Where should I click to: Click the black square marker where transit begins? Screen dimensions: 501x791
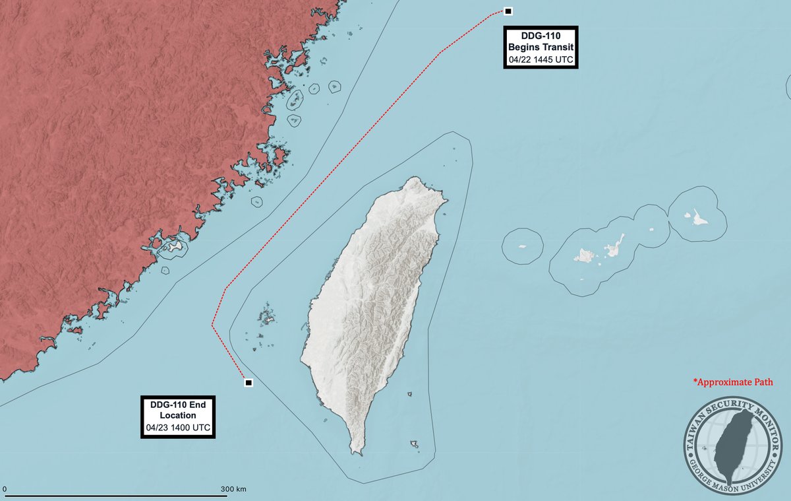click(508, 11)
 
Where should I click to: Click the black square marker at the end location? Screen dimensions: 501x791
click(249, 383)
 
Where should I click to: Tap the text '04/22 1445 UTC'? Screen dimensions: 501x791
click(541, 60)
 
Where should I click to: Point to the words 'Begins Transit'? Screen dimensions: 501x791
click(541, 48)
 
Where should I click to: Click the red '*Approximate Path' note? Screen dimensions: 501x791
click(732, 382)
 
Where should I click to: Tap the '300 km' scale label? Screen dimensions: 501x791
click(233, 489)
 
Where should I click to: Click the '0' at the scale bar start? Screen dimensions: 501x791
click(5, 489)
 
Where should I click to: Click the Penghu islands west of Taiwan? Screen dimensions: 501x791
click(267, 316)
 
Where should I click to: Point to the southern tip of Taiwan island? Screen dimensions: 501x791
click(357, 451)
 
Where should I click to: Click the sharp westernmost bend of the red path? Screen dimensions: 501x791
click(212, 325)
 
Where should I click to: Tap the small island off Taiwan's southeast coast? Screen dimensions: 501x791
click(415, 444)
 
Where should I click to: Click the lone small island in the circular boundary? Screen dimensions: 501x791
click(522, 246)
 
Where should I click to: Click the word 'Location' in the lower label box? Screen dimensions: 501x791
click(177, 416)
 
